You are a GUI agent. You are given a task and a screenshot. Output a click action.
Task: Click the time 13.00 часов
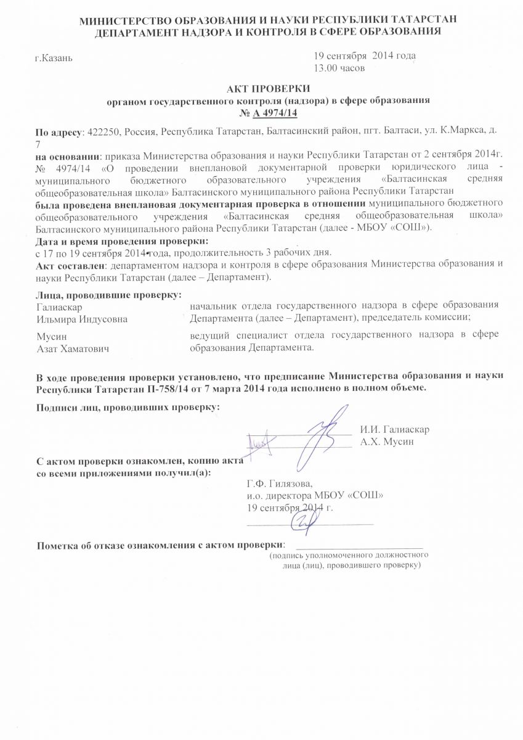coord(340,67)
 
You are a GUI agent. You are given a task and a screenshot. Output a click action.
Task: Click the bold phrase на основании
coord(67,153)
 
